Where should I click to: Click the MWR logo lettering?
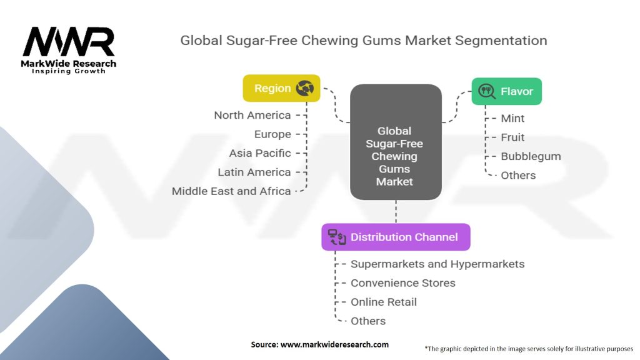pos(69,42)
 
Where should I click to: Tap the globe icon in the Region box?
pos(305,88)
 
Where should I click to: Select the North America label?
pos(252,115)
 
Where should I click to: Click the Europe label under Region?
pos(272,134)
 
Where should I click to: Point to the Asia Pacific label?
pos(260,153)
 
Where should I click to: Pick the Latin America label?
pos(254,172)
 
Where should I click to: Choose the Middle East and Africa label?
pos(231,191)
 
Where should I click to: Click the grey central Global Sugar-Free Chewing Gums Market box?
pos(396,142)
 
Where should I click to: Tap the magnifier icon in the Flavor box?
pos(486,91)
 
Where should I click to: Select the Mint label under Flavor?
pos(512,118)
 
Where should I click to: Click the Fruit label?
pos(512,137)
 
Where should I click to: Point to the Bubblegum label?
pos(531,156)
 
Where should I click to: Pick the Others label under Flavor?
pos(518,176)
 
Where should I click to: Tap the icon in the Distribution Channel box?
pos(337,237)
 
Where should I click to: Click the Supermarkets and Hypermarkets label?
pos(437,264)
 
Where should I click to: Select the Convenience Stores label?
pos(403,283)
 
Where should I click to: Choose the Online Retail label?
pos(384,302)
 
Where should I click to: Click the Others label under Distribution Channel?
pos(368,321)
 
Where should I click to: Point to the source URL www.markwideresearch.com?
pos(335,344)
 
